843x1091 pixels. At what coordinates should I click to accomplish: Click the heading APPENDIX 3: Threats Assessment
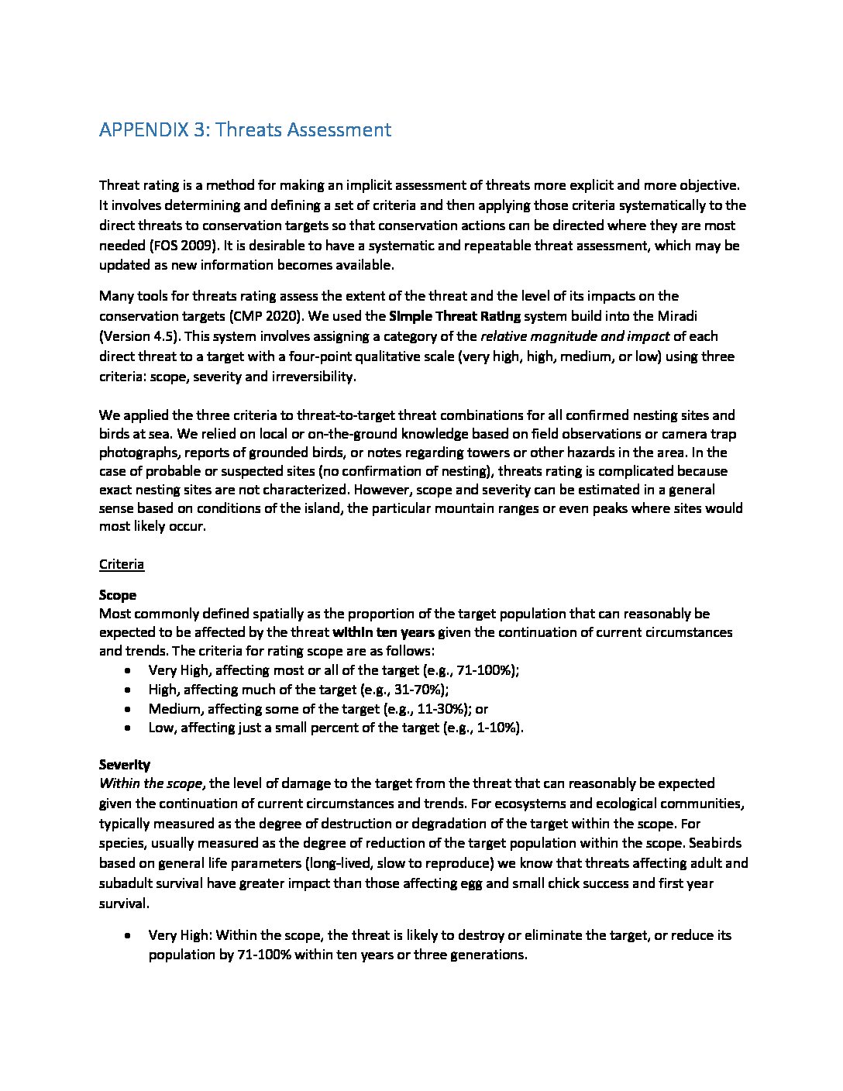(245, 129)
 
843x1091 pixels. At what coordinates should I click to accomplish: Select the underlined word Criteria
(122, 564)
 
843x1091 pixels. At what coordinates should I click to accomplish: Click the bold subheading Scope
(118, 595)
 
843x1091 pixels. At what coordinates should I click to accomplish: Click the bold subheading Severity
(125, 765)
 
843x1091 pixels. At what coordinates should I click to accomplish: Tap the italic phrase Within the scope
(151, 783)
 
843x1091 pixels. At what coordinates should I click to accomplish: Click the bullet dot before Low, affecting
(128, 728)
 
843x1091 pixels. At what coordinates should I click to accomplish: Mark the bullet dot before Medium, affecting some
(128, 708)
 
